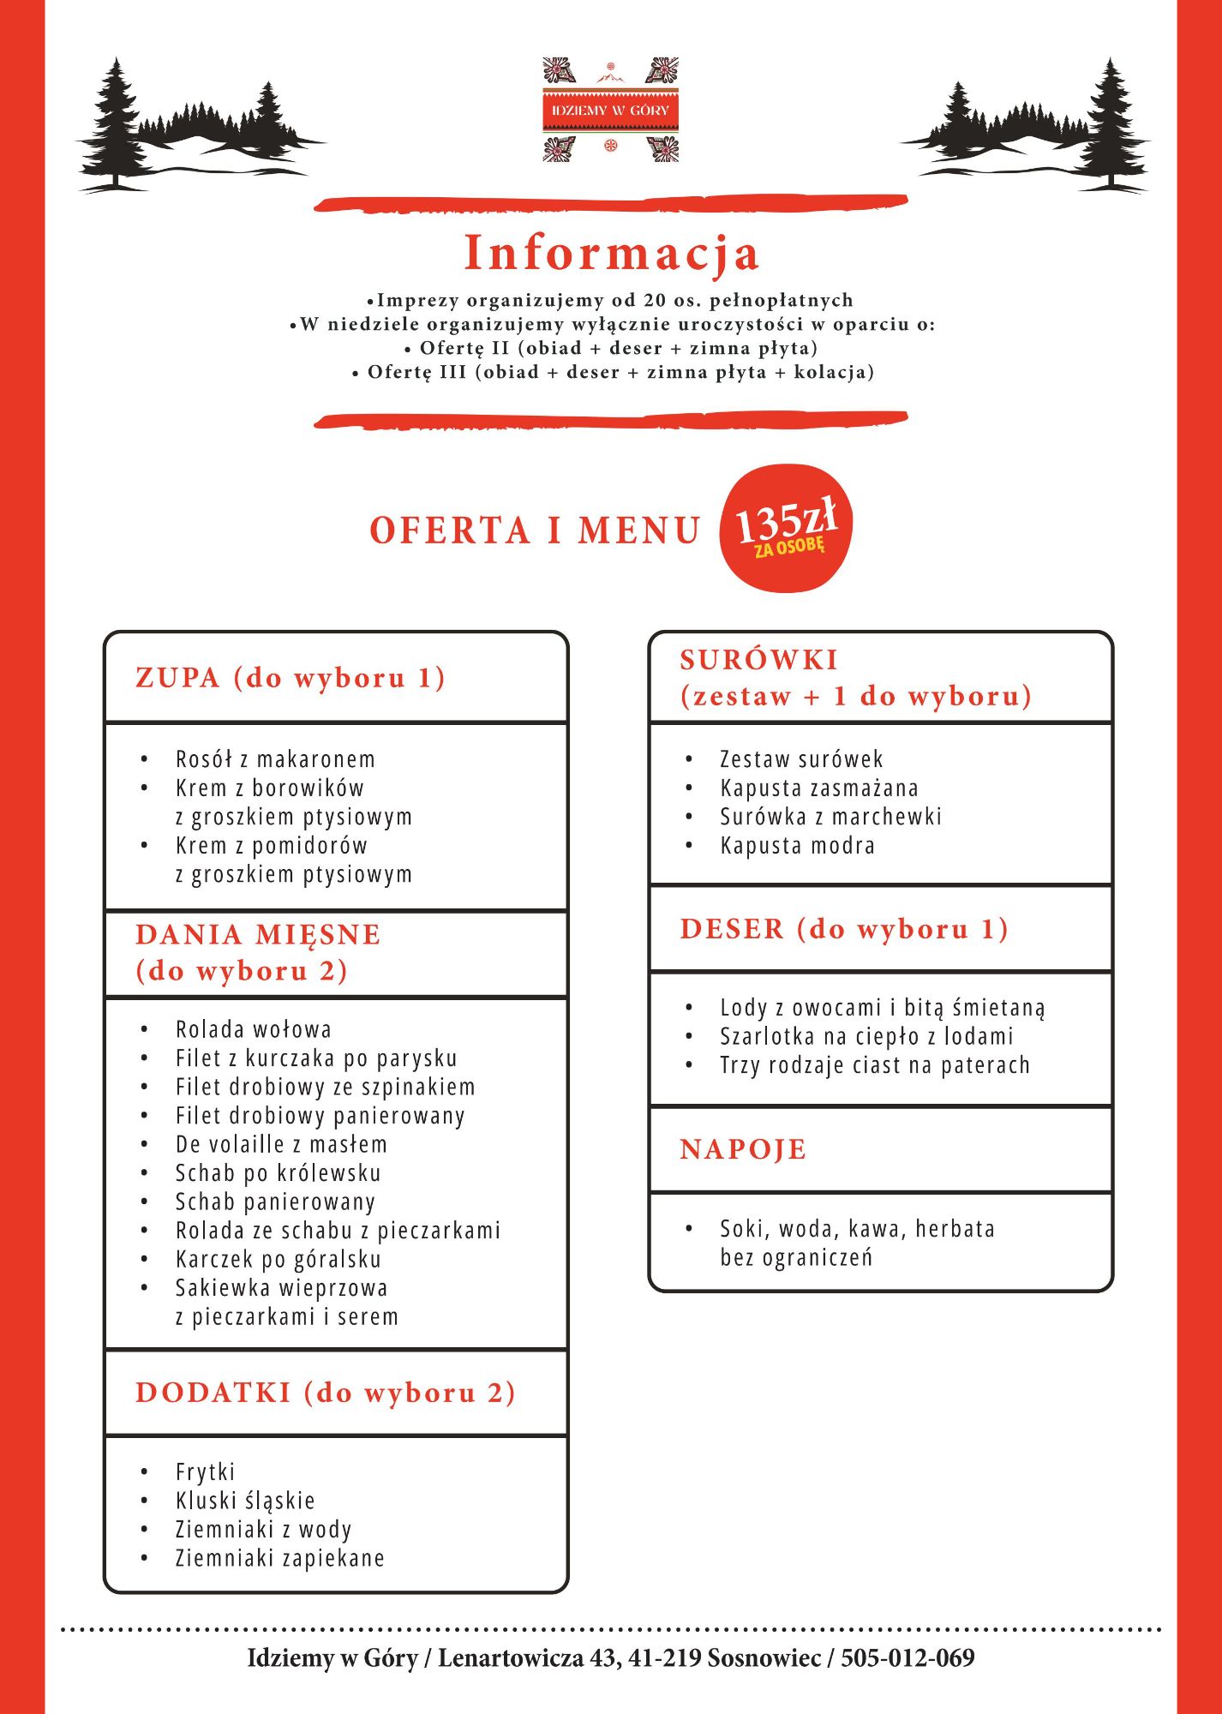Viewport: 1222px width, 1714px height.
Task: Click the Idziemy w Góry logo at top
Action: click(x=610, y=110)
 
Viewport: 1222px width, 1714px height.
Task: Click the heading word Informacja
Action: click(x=611, y=254)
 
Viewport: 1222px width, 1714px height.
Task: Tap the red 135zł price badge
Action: click(x=786, y=529)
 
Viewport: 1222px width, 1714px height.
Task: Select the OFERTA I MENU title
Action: click(x=536, y=530)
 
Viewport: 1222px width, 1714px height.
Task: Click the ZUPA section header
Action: click(x=291, y=678)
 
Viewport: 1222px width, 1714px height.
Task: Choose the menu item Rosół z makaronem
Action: click(x=275, y=759)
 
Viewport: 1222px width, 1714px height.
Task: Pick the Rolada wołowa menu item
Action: click(x=253, y=1029)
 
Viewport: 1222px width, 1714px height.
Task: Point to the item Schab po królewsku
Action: click(x=278, y=1173)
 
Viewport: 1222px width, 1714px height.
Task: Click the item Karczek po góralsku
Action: click(x=278, y=1259)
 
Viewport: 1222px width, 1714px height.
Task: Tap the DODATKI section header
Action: click(x=326, y=1393)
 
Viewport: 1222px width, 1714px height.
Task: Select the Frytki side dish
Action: click(x=205, y=1472)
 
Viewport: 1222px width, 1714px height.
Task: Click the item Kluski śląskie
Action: click(x=245, y=1501)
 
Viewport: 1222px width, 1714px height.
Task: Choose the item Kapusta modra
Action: click(x=797, y=846)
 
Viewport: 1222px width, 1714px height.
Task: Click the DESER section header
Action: click(x=844, y=929)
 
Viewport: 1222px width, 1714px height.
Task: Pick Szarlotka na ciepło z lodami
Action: click(x=866, y=1037)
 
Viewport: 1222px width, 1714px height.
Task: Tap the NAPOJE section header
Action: click(x=743, y=1149)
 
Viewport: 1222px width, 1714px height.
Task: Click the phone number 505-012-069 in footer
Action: click(x=908, y=1658)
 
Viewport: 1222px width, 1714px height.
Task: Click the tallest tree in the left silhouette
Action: click(x=114, y=120)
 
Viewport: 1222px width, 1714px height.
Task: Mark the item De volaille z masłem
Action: click(x=281, y=1144)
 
